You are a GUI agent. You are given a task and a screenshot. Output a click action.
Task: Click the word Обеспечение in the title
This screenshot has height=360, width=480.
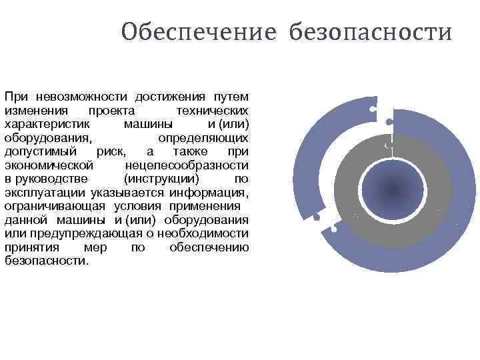click(198, 32)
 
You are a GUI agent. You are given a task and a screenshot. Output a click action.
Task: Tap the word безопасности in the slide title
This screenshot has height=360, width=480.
click(370, 32)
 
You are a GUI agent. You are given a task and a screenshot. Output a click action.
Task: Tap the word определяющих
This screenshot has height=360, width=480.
click(203, 138)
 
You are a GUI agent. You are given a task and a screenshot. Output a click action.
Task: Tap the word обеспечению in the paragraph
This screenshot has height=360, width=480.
click(209, 248)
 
